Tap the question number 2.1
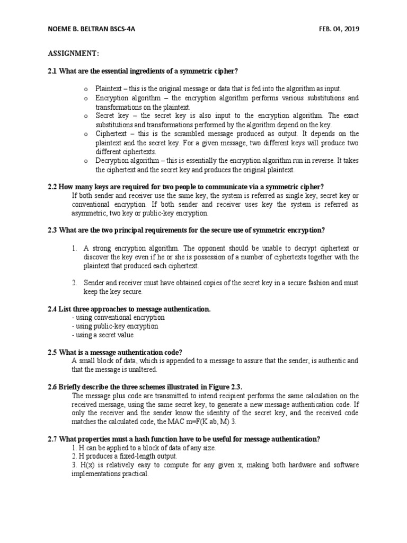tap(52, 72)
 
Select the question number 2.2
tap(52, 186)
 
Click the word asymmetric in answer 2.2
tap(89, 213)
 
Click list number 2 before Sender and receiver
tap(75, 283)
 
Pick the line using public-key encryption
tap(115, 326)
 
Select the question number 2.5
tap(52, 352)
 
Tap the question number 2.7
tap(52, 439)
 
